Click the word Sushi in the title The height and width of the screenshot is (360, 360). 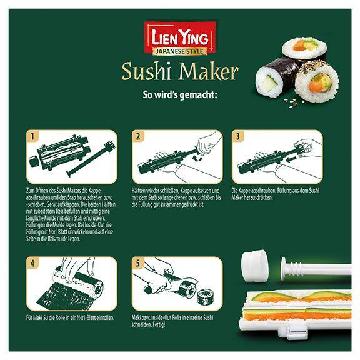pos(149,71)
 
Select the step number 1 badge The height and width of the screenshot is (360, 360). pos(33,136)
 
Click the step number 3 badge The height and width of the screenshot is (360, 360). pos(237,136)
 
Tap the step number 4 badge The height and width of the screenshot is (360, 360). pos(33,262)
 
